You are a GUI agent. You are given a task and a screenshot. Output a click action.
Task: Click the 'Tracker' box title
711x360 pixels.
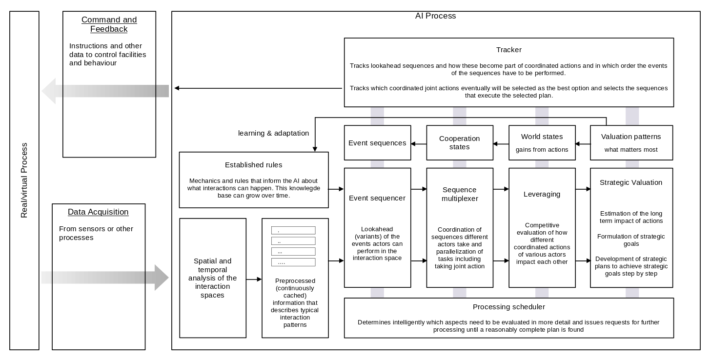point(508,50)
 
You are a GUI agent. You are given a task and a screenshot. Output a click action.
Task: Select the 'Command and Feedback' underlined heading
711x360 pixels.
point(109,24)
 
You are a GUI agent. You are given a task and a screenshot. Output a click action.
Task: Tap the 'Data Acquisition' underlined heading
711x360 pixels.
point(98,212)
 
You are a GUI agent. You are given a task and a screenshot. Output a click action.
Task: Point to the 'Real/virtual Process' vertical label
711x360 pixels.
point(24,180)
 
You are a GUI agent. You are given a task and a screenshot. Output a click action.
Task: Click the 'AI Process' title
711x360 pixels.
point(435,16)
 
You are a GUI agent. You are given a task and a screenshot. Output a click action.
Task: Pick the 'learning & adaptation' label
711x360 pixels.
point(273,133)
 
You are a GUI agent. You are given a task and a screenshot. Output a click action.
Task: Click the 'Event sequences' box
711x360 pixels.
point(377,143)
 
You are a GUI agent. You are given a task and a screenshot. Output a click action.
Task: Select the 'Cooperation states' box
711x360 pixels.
point(460,143)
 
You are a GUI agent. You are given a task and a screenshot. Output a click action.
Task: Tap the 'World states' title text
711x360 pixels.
point(542,137)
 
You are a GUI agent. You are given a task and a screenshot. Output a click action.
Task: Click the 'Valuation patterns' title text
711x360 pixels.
point(631,137)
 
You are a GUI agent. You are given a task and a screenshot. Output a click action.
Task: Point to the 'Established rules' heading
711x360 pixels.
point(253,165)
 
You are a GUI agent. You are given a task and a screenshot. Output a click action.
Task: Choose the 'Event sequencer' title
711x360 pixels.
point(377,198)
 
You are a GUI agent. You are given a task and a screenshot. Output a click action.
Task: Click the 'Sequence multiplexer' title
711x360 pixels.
point(460,194)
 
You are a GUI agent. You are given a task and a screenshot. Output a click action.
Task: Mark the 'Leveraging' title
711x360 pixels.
point(542,194)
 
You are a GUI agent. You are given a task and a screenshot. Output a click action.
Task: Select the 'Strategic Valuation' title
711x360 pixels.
point(631,182)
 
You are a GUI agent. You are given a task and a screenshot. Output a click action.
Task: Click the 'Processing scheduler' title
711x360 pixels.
point(509,307)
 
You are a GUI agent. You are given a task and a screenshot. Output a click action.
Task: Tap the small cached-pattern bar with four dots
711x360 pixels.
point(293,262)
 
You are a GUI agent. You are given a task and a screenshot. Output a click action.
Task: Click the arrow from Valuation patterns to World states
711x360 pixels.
point(583,144)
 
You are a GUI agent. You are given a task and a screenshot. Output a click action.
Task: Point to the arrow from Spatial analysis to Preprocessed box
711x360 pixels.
point(254,280)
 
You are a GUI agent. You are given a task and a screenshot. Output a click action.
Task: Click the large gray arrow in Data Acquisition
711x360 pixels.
point(105,278)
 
